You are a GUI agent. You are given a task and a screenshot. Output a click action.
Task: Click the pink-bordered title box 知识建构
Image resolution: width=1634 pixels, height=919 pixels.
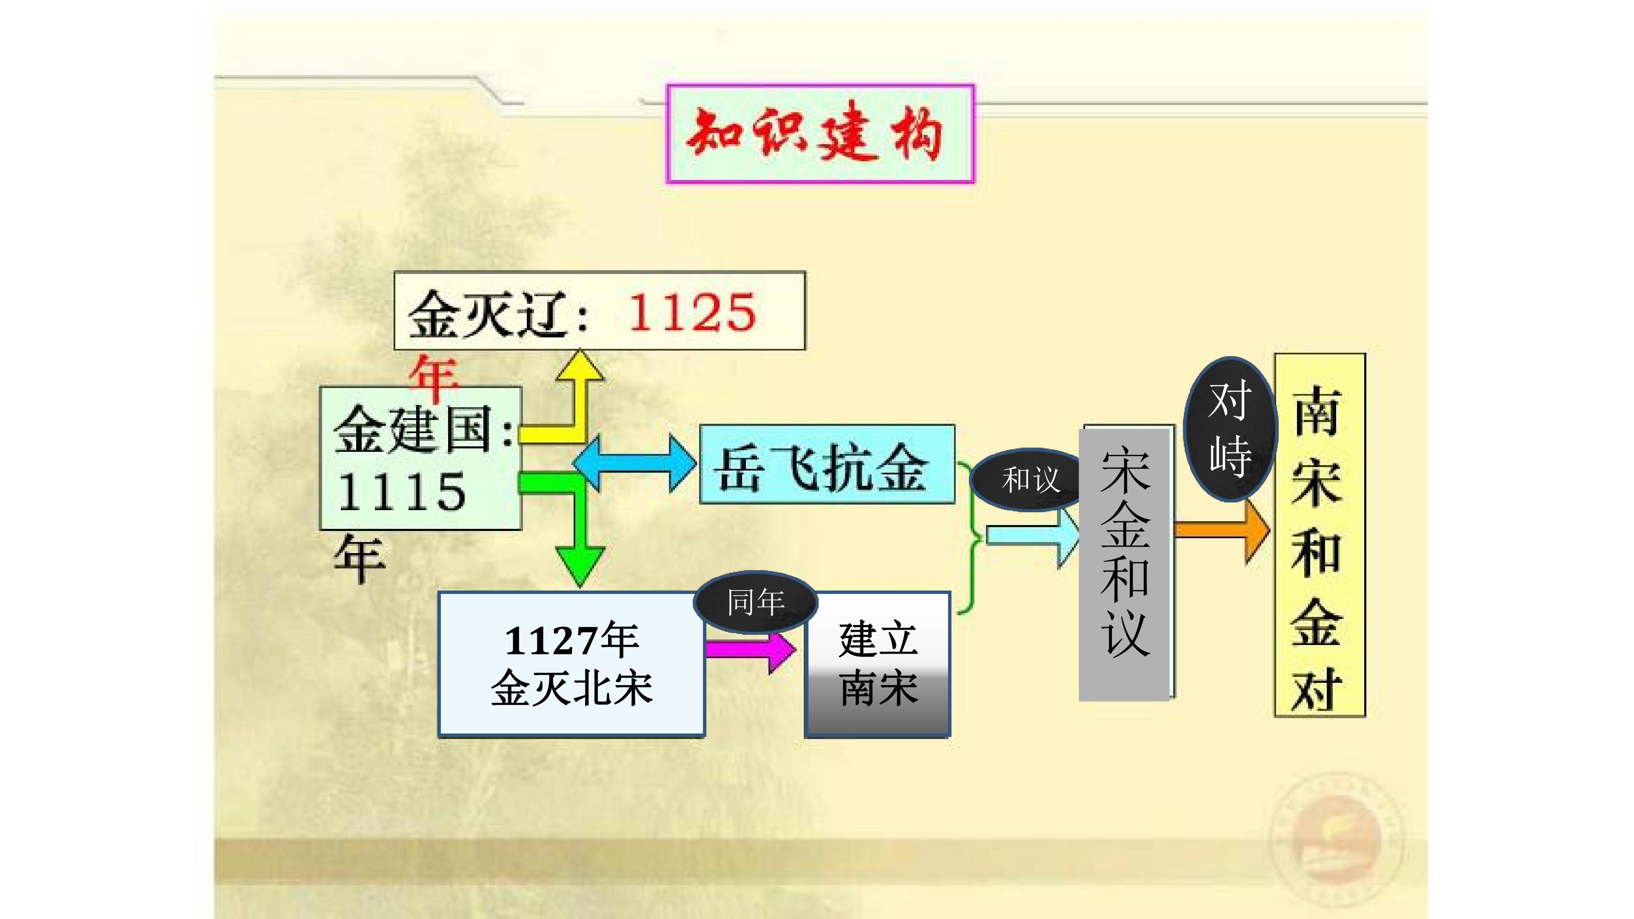click(820, 134)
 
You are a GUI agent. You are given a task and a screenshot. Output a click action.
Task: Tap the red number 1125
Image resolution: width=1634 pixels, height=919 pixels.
click(692, 313)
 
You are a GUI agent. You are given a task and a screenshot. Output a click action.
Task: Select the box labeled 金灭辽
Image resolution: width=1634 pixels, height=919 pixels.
click(600, 311)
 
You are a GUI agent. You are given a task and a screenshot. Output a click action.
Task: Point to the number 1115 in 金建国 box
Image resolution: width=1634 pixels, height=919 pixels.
click(402, 492)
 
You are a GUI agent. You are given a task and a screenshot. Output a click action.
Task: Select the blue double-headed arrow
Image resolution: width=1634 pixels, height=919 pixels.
click(634, 463)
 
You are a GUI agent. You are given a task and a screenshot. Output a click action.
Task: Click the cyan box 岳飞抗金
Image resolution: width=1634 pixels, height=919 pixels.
click(826, 464)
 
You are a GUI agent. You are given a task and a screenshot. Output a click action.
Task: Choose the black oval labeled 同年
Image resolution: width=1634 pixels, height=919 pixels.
click(755, 602)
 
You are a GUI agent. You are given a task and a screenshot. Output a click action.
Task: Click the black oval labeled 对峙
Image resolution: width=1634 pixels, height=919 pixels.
click(1230, 429)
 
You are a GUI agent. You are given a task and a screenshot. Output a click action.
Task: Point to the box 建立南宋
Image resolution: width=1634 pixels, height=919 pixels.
click(877, 664)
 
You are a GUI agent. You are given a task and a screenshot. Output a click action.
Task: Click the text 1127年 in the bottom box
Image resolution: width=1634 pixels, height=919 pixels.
click(571, 641)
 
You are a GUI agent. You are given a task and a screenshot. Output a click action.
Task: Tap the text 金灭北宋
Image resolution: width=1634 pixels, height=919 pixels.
click(571, 688)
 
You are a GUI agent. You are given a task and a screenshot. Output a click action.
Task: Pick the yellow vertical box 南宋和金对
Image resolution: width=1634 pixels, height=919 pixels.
click(1320, 535)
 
